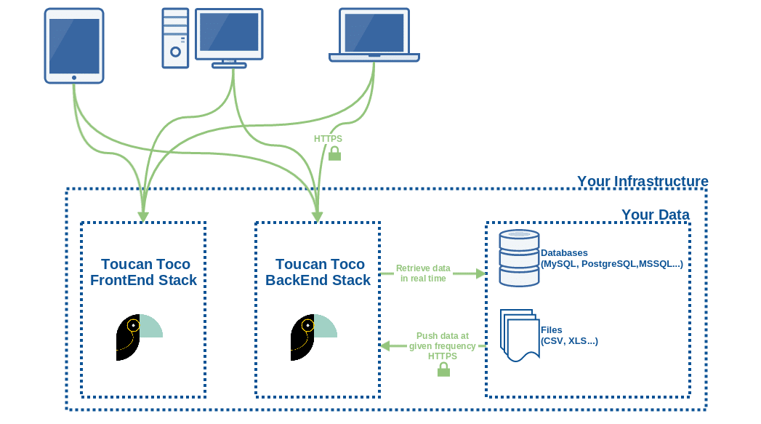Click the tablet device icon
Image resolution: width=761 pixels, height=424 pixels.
click(74, 45)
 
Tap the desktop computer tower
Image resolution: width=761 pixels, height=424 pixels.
click(175, 37)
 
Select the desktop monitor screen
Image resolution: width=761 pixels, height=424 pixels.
click(229, 33)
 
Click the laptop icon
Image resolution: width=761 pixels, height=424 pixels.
click(374, 35)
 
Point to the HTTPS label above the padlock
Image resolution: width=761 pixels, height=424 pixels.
click(328, 138)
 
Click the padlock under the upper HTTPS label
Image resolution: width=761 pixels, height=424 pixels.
click(334, 153)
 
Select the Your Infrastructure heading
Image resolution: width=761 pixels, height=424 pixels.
click(642, 181)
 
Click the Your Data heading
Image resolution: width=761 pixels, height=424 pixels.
click(655, 215)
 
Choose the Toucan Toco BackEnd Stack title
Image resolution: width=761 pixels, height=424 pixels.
click(319, 272)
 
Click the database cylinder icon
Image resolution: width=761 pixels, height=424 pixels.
click(519, 257)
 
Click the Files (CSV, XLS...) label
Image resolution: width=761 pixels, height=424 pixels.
click(569, 335)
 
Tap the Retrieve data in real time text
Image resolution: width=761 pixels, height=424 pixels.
click(423, 273)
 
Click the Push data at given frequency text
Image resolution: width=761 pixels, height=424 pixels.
click(442, 341)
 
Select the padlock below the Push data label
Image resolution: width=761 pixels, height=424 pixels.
click(443, 369)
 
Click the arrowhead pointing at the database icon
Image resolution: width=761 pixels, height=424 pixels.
click(480, 273)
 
